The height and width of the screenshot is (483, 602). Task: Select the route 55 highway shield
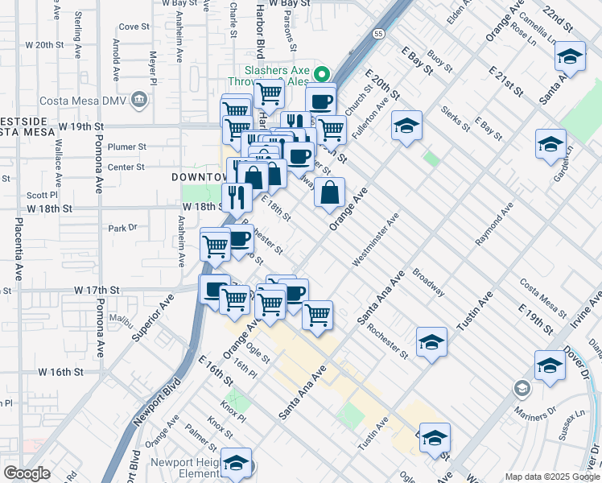coord(378,34)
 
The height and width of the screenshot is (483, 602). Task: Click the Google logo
coord(27,473)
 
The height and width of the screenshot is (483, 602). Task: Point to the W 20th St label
coord(45,45)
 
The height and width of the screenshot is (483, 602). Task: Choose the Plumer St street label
coord(128,147)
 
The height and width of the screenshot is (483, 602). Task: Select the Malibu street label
coord(119,320)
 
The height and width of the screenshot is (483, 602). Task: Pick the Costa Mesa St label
coord(543,296)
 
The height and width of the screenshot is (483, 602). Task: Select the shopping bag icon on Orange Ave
coord(329,192)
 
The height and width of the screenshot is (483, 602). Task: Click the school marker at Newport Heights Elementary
coord(236,463)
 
